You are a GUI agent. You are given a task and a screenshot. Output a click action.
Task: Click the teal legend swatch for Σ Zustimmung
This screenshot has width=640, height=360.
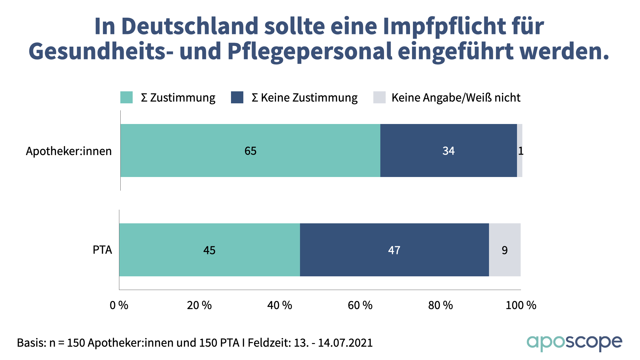click(126, 97)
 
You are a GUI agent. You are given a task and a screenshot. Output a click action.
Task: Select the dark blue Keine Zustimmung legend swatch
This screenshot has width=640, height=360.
click(237, 97)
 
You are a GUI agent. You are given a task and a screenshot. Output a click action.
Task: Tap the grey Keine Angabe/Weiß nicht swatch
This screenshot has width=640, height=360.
click(379, 97)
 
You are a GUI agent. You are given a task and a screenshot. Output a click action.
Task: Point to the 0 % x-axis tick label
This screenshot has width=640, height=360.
click(119, 305)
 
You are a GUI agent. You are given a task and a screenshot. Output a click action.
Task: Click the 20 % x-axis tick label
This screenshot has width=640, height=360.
click(199, 305)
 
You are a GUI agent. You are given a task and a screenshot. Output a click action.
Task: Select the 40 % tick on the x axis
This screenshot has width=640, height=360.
click(280, 305)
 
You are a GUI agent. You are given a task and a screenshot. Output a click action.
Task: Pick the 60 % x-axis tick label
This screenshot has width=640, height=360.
click(360, 305)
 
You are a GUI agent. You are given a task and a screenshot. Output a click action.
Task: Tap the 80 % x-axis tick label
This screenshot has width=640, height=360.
click(440, 305)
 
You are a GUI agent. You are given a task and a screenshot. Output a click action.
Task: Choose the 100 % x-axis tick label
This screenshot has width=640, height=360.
click(521, 305)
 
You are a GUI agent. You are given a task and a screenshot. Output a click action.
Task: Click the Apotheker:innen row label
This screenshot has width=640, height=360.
click(69, 151)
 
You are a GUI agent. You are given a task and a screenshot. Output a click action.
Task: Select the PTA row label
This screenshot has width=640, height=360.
click(102, 250)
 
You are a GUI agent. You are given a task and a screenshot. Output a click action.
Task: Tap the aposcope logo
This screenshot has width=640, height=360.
click(574, 343)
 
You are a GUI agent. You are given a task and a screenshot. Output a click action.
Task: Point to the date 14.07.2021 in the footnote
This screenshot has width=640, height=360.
click(345, 343)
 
